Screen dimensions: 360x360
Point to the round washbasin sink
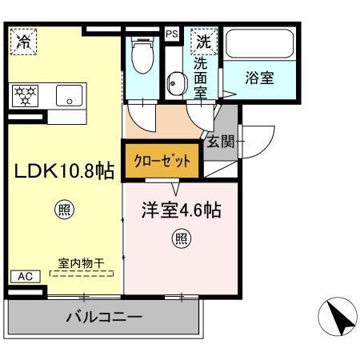tap(175, 80)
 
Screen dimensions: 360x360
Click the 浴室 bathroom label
tap(259, 78)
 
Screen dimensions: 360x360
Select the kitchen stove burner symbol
tap(26, 96)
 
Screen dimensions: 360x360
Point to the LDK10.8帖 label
tap(62, 171)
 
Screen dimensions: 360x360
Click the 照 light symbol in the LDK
tap(63, 211)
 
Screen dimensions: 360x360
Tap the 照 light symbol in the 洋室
tap(182, 238)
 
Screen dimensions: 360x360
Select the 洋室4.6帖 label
tap(182, 213)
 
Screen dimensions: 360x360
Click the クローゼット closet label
tap(162, 160)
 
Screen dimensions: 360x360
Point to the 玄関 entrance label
tap(221, 142)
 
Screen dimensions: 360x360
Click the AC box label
tap(25, 276)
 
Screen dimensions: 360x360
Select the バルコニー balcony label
tap(104, 317)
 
